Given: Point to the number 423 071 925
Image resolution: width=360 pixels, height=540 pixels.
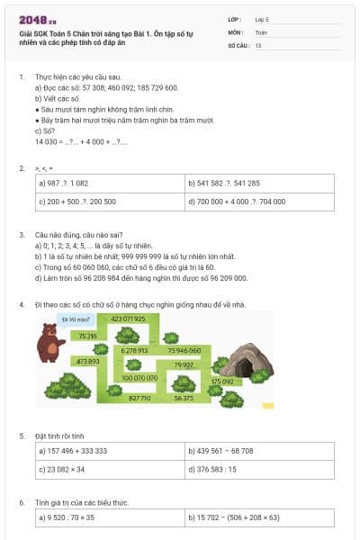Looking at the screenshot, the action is tap(128, 319).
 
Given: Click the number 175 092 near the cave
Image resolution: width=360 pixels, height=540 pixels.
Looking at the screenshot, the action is tap(221, 382).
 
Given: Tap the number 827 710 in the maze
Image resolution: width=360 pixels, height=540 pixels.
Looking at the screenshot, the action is tap(139, 397).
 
